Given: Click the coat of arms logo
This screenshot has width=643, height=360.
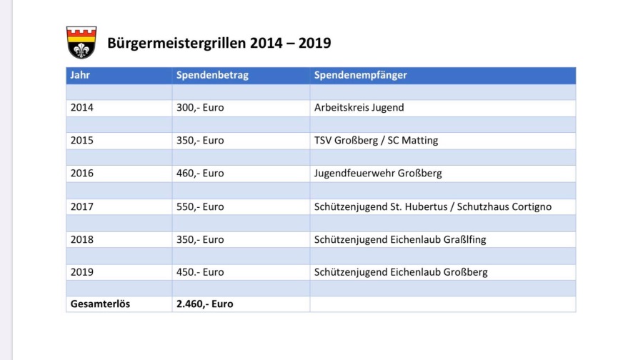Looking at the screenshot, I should (x=81, y=43).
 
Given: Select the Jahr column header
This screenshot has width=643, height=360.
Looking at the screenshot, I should (x=80, y=75).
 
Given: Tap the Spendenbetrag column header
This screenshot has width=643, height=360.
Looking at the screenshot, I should (x=212, y=75).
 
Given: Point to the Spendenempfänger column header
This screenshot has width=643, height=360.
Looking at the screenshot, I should (x=360, y=75).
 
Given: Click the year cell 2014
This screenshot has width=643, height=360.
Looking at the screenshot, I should (x=82, y=108).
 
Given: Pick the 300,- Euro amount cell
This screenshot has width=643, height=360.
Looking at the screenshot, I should (x=200, y=108).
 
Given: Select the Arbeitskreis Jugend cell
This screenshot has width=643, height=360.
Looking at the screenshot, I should (x=359, y=108).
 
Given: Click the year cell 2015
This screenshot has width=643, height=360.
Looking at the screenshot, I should (x=82, y=141).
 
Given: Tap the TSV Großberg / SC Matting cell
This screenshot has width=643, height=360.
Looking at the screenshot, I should (x=376, y=141).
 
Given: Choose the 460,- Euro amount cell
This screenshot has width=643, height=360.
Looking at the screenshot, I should (x=200, y=173).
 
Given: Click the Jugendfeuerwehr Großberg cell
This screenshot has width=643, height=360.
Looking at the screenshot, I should (x=378, y=173).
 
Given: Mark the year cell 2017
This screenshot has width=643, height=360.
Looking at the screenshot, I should (x=82, y=206).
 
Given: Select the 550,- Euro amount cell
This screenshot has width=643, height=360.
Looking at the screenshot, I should (x=200, y=206).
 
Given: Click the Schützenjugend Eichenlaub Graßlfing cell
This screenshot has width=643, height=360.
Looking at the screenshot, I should (x=400, y=239).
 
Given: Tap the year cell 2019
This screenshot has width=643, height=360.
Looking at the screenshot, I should (x=82, y=272).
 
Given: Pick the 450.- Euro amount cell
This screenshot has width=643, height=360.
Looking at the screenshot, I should (x=200, y=272).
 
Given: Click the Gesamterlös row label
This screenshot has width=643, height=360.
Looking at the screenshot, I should (x=100, y=304).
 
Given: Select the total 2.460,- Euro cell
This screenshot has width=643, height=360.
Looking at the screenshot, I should (x=205, y=304).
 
